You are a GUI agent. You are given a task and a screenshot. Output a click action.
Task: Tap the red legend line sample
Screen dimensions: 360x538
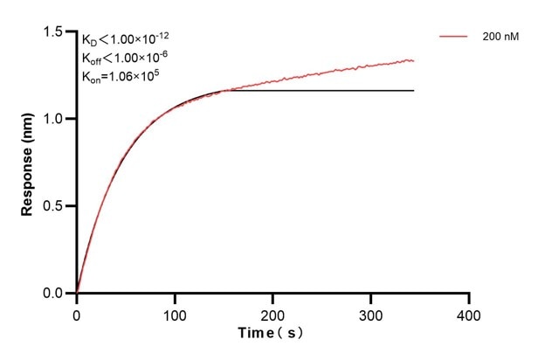click(455, 37)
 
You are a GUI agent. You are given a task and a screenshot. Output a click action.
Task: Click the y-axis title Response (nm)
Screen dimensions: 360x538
click(28, 163)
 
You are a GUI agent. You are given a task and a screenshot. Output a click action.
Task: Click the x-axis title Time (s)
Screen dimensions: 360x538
click(272, 334)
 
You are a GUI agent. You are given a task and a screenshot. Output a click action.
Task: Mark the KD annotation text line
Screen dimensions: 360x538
click(127, 40)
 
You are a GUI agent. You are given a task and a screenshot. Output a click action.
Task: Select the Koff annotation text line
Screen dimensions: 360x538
click(128, 58)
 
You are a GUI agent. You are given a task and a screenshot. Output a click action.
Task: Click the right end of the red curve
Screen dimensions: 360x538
click(413, 60)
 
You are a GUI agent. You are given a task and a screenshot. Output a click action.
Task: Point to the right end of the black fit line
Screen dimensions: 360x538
click(413, 91)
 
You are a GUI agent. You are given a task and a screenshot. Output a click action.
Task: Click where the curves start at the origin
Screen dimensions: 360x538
click(77, 293)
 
